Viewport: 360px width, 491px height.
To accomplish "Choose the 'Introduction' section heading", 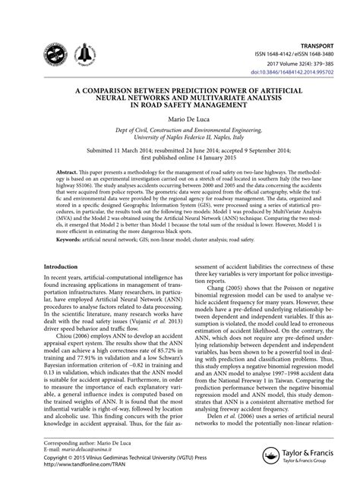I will (x=66, y=267).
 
